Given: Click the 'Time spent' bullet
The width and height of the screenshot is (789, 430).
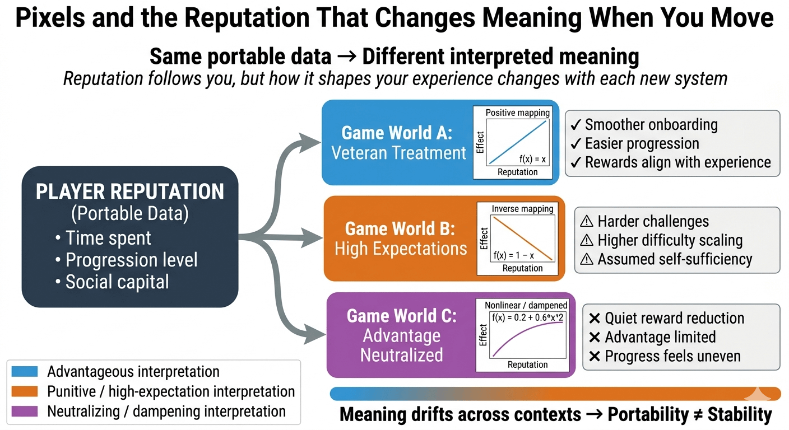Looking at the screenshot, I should tap(108, 238).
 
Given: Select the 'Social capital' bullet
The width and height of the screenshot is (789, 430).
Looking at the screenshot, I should tap(117, 282).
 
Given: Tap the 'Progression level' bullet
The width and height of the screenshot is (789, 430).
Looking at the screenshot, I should tap(131, 260).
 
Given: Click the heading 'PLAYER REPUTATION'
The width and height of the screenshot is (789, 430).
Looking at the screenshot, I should tap(130, 191).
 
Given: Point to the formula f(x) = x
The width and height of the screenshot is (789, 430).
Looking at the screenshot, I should tap(532, 159).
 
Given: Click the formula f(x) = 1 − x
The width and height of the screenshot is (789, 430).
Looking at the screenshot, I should tap(513, 255).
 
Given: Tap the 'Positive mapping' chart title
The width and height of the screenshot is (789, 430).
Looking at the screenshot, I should tap(517, 113).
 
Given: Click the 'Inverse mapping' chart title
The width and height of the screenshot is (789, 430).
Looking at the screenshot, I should tap(522, 209).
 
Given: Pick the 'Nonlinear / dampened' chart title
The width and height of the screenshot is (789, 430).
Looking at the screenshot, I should tap(526, 305).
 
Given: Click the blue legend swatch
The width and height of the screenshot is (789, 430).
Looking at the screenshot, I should tap(24, 371).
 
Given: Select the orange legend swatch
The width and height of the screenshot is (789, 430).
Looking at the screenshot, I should tap(24, 391).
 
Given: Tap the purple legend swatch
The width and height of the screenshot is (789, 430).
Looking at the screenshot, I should tap(24, 412).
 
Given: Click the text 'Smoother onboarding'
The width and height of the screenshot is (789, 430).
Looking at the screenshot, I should tap(651, 124).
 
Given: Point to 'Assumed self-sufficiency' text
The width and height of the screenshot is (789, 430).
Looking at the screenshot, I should tap(675, 259).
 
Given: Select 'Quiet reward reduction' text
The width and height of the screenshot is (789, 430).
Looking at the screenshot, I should tap(674, 318).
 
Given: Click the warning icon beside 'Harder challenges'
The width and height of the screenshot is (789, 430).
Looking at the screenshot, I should tap(587, 221).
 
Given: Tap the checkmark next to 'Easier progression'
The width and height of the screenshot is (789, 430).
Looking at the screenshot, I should tap(575, 143).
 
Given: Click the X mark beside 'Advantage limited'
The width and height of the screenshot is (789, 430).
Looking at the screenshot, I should tap(595, 337).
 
